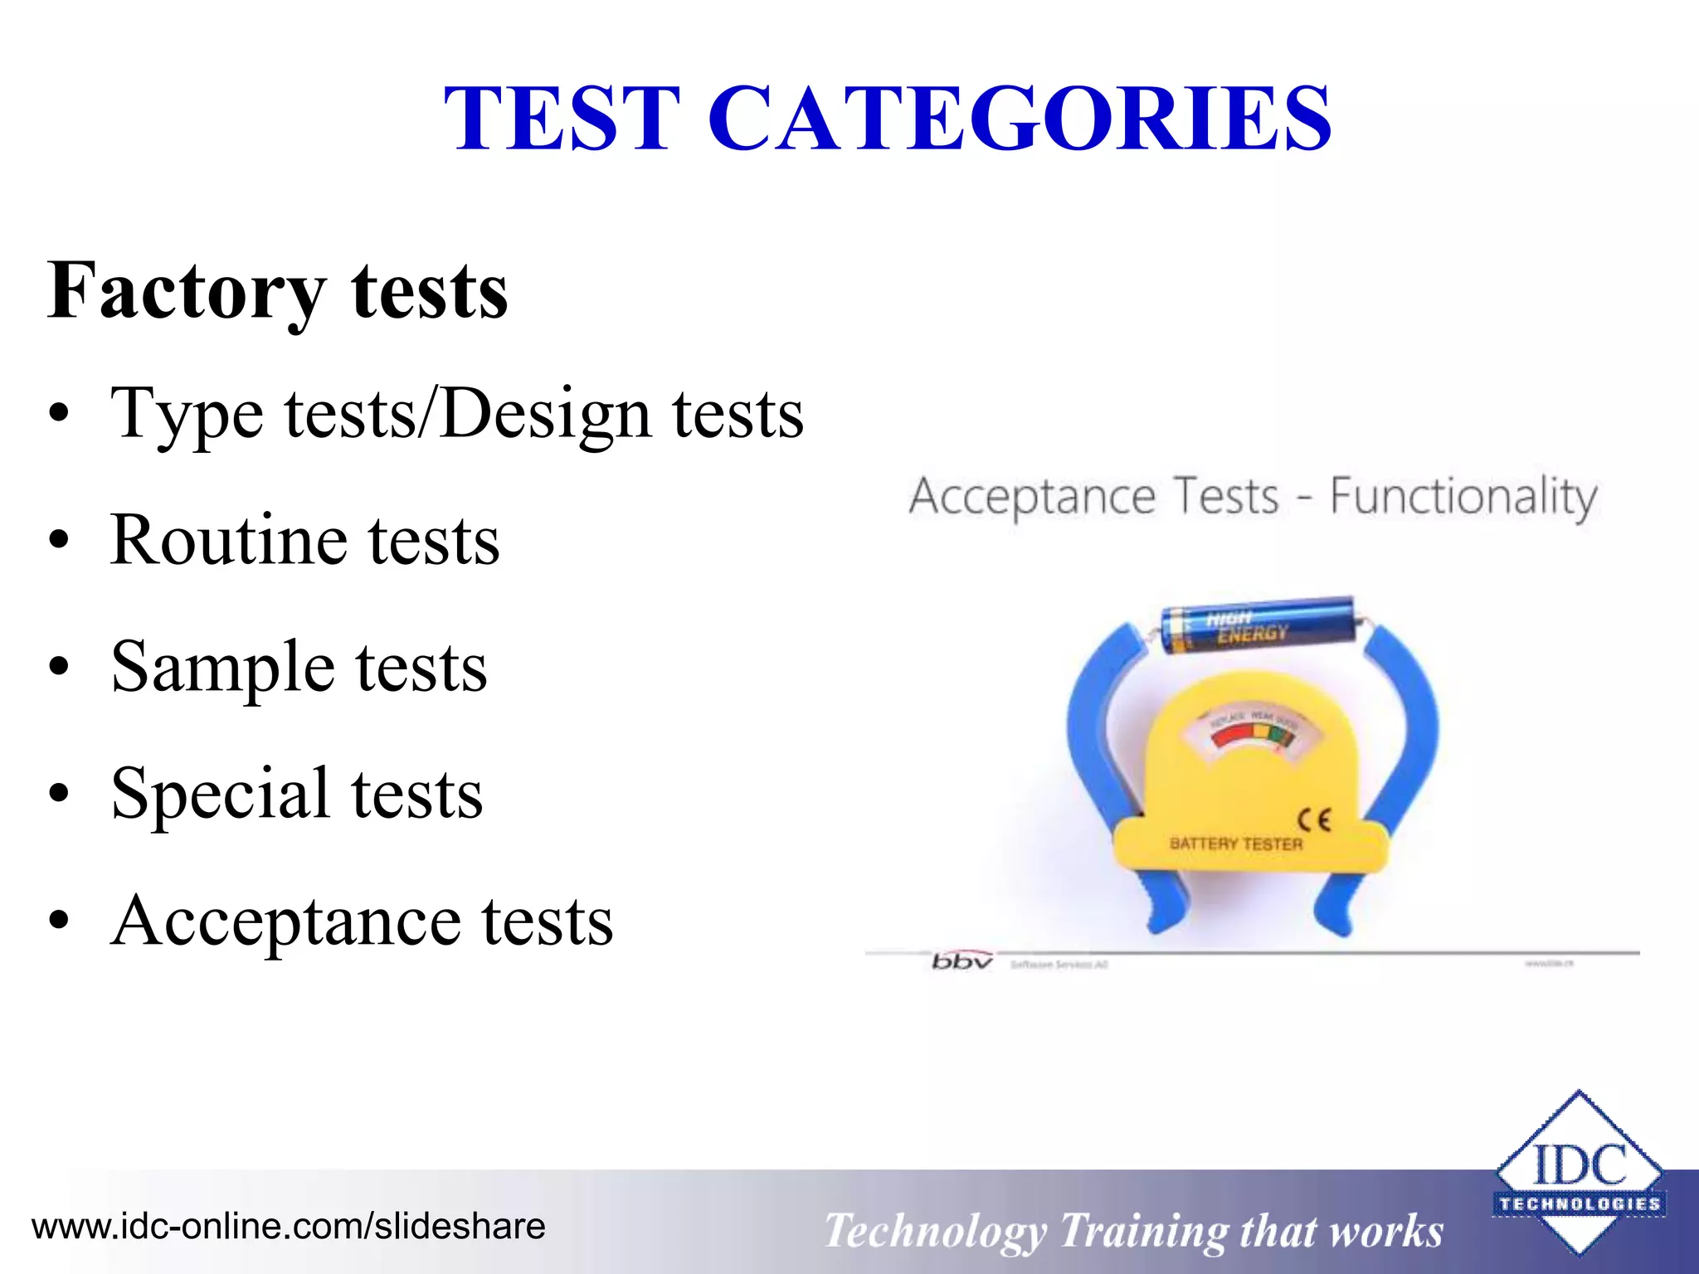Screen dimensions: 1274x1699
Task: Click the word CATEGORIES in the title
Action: tap(1020, 119)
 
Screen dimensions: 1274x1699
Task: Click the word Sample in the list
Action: tap(222, 668)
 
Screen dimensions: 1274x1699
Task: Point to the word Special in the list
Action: tap(220, 794)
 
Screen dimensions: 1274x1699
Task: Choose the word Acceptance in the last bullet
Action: tap(286, 921)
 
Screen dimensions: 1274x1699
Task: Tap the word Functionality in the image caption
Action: tap(1463, 498)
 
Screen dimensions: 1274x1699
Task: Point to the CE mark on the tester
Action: tap(1314, 820)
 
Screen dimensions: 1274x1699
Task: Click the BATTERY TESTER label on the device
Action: tap(1235, 844)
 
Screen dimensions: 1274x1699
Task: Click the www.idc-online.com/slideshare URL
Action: tap(289, 1226)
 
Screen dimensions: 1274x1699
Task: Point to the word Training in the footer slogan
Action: tap(1144, 1231)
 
